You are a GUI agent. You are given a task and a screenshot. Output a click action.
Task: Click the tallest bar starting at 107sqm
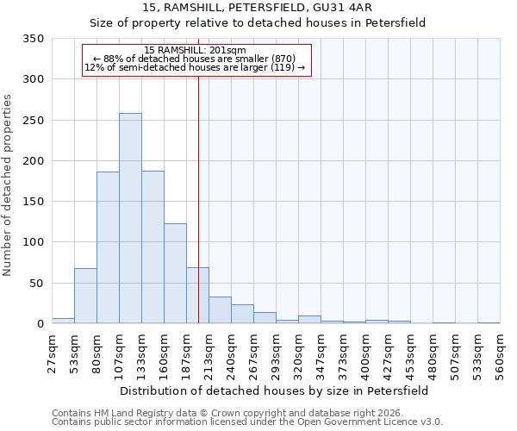[x=130, y=218]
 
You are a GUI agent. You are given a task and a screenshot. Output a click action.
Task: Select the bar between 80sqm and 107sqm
[x=108, y=247]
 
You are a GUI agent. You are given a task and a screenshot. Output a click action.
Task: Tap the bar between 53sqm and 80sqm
[x=85, y=296]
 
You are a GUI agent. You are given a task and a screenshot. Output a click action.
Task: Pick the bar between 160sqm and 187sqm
[x=175, y=273]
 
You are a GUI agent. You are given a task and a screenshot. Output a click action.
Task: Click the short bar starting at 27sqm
[x=63, y=321]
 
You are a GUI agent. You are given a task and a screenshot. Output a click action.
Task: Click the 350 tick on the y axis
[x=34, y=39]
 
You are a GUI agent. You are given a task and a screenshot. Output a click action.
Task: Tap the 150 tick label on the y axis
[x=34, y=202]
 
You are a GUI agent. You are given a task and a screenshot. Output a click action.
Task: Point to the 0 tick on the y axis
[x=40, y=324]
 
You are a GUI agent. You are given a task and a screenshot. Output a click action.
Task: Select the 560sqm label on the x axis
[x=500, y=349]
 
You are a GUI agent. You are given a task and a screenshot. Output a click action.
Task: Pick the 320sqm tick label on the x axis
[x=298, y=349]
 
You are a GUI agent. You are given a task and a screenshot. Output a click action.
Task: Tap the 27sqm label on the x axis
[x=52, y=349]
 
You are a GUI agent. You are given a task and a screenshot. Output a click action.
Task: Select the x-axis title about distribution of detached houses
[x=274, y=390]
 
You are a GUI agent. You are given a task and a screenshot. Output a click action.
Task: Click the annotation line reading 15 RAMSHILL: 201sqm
[x=196, y=51]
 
